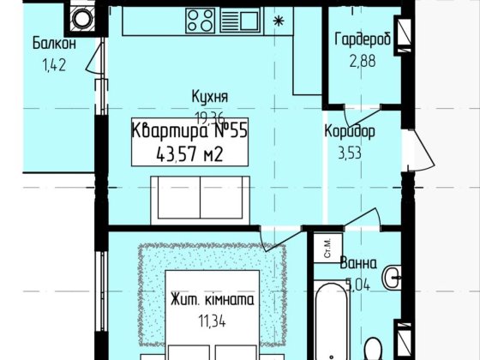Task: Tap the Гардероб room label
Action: coord(363,39)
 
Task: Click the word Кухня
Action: coord(210,98)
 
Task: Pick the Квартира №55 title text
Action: coord(190,131)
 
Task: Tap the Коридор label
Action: coord(349,133)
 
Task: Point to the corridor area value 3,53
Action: coord(348,153)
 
